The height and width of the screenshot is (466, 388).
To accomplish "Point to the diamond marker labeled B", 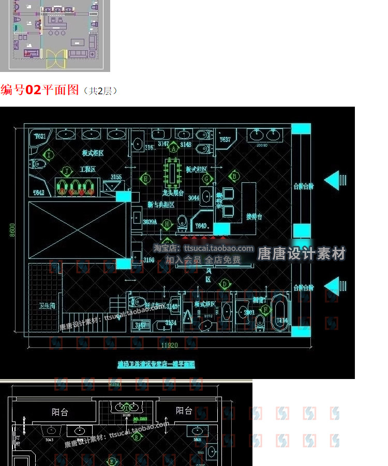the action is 233,177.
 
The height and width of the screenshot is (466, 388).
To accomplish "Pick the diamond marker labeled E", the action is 145,179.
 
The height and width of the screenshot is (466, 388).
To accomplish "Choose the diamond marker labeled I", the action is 49,154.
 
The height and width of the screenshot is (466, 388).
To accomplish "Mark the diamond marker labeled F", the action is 265,310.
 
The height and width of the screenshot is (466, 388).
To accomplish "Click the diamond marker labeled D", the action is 225,284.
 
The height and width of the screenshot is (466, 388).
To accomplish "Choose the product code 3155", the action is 115,177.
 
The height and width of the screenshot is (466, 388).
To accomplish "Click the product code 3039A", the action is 150,222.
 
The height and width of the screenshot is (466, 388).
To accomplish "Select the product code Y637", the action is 225,140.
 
